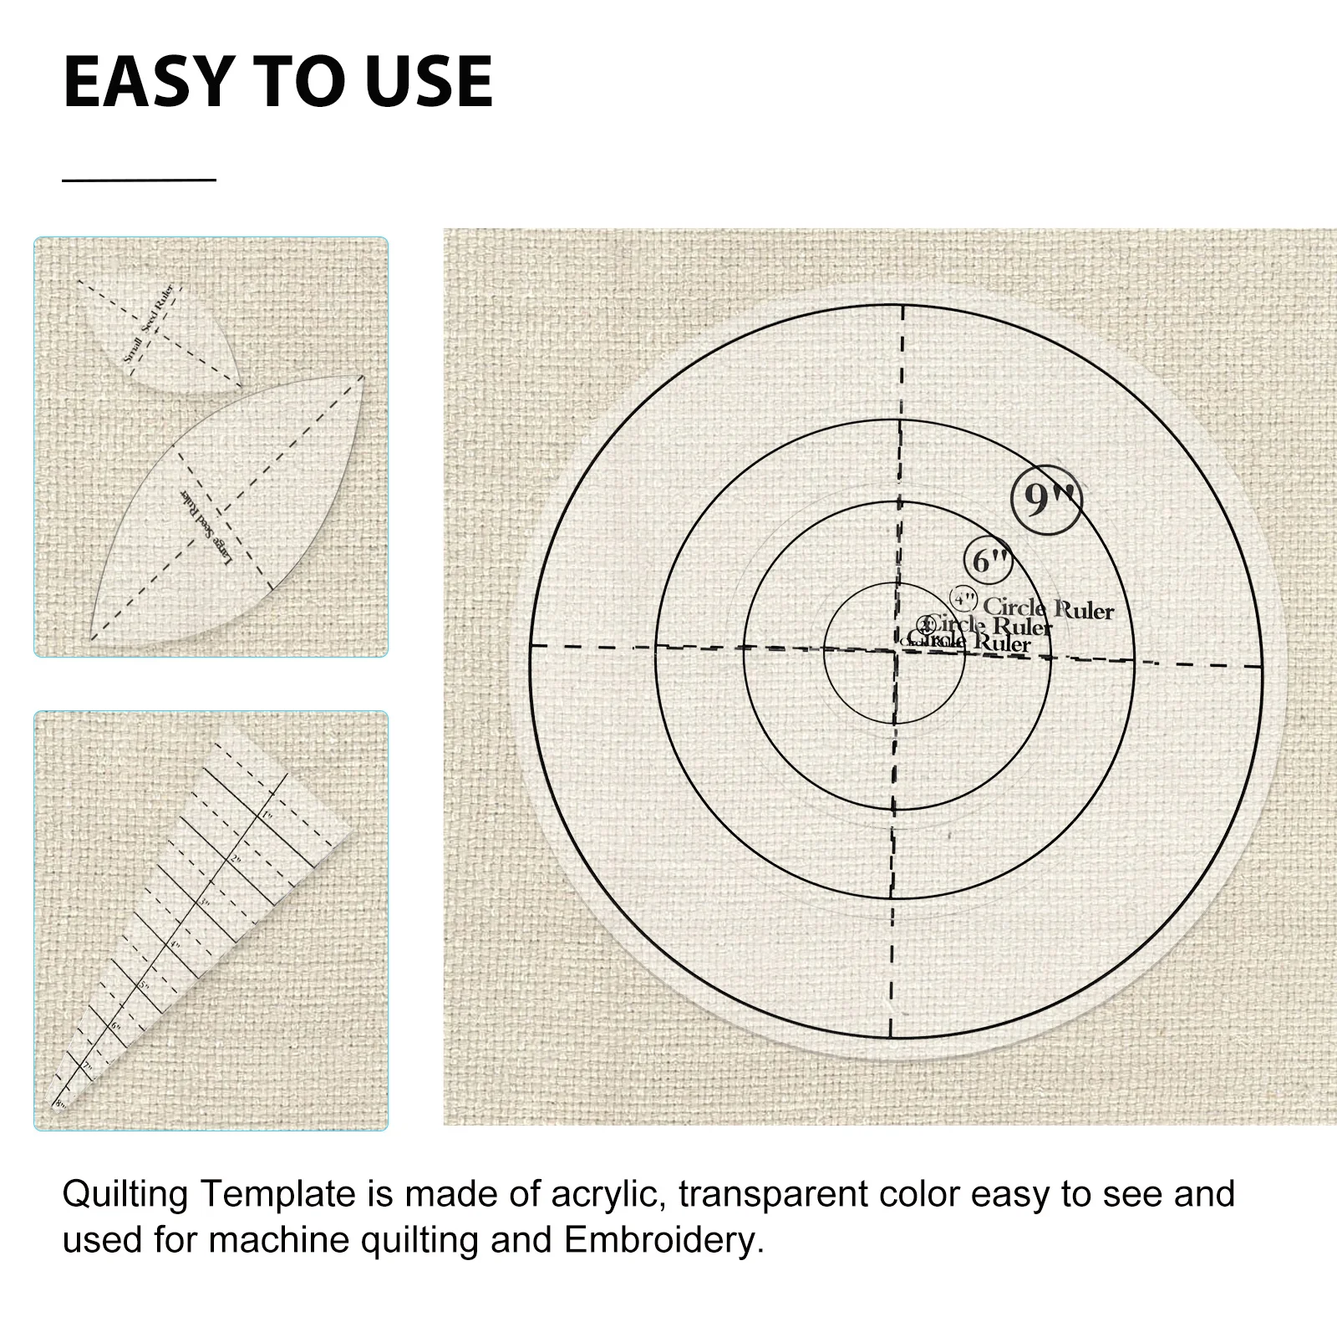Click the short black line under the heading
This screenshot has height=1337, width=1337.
coord(139,180)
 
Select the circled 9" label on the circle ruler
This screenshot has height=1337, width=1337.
coord(1046,499)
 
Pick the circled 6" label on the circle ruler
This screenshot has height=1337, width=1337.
coord(989,561)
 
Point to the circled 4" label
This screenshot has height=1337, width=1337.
coord(964,599)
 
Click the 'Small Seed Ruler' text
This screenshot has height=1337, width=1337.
coord(149,323)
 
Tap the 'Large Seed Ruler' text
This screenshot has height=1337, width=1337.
coord(206,527)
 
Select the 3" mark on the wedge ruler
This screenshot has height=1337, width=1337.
coord(205,903)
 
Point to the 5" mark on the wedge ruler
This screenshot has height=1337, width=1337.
coord(144,986)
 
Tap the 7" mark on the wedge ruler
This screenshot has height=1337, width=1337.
coord(86,1067)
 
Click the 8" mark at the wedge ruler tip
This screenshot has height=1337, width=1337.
coord(60,1104)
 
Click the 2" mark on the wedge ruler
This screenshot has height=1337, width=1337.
coord(236,859)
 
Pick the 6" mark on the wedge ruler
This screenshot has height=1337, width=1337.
coord(116,1026)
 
